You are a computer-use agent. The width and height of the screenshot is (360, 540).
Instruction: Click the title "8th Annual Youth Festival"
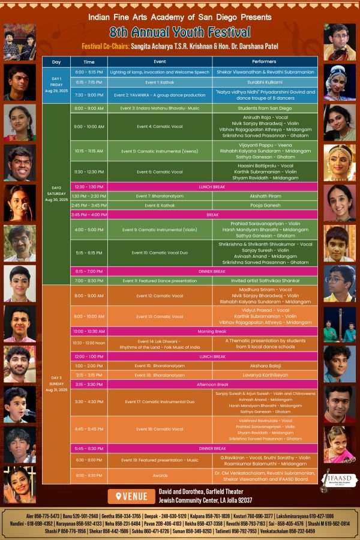(180, 32)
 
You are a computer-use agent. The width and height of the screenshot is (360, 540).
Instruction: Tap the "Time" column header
(89, 62)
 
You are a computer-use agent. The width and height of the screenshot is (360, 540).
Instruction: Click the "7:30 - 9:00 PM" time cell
(89, 95)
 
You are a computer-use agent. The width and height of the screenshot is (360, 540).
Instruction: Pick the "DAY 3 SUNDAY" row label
(56, 384)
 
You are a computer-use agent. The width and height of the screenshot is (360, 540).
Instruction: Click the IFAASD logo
(333, 481)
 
